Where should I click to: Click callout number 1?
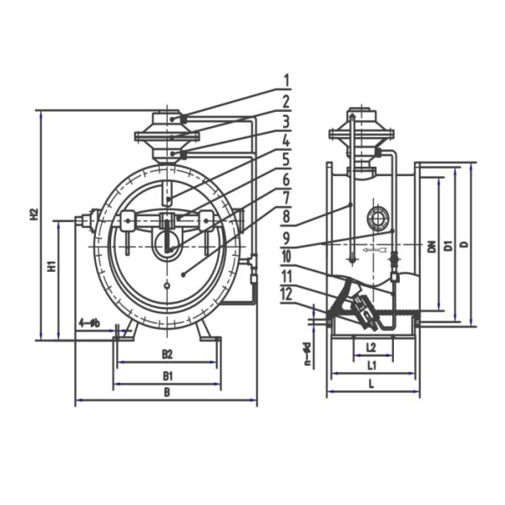(x=286, y=81)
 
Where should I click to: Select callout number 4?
(x=286, y=141)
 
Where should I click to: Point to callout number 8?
(x=286, y=218)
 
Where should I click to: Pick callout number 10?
(x=286, y=256)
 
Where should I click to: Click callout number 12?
(x=286, y=294)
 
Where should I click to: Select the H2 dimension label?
(x=35, y=214)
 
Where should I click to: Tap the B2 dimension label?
(x=167, y=353)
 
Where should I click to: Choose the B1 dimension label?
(x=167, y=375)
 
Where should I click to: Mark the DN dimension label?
(x=431, y=246)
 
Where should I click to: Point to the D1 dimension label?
(x=449, y=245)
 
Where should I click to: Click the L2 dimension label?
(x=371, y=346)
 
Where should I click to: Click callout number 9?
(x=286, y=237)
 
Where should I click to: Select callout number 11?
(x=286, y=275)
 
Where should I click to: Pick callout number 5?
(x=286, y=159)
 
